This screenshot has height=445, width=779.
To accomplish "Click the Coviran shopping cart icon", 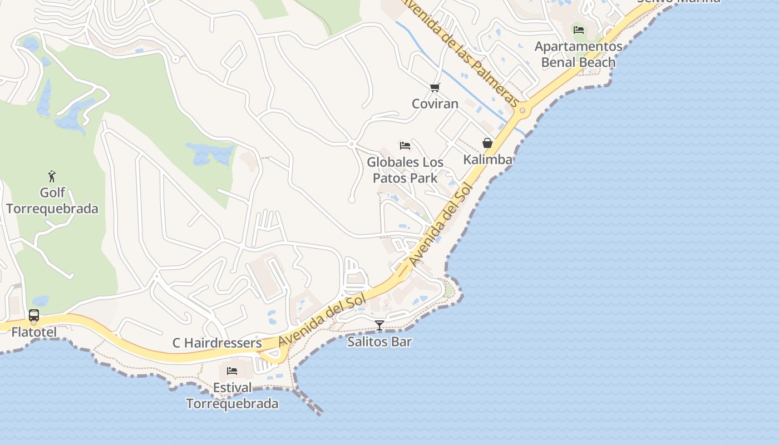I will pos(435,87).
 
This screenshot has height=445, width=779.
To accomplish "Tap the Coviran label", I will pos(435,103).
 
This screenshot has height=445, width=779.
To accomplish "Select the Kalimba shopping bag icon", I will pos(487,143).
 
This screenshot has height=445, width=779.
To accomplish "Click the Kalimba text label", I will pos(488,160).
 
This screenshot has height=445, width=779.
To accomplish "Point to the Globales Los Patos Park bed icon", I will pos(405,146).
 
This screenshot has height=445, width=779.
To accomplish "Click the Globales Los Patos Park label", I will pos(405,170).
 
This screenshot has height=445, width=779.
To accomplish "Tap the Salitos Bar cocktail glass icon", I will pos(379,325).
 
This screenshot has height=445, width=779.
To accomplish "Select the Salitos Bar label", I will pos(379,342).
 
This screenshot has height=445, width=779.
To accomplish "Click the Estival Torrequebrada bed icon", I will pos(232,370).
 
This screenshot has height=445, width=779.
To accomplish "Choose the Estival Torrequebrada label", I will pos(232,395).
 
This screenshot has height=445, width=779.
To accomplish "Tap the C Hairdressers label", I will pos(217,343).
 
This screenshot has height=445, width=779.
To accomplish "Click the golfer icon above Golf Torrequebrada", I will pos(52,176).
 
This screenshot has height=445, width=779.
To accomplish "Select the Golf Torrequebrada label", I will pos(52,201).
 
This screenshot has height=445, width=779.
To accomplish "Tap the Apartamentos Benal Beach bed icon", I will pos(579,30).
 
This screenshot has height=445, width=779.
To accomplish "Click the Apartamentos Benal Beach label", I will pos(579,54).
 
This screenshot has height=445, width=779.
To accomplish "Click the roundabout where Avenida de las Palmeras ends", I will pos(522,111).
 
